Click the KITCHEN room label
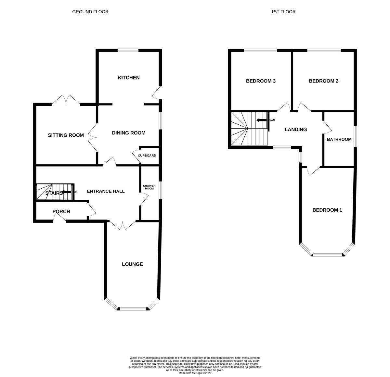point(129,78)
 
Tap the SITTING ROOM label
point(66,135)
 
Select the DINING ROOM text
point(129,133)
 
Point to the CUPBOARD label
point(147,156)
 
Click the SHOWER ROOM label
point(149,187)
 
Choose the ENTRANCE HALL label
point(106,191)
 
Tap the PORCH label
point(61,211)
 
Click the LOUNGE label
point(132,264)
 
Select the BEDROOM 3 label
point(261,81)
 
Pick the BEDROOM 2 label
point(323,81)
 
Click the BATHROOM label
point(339,139)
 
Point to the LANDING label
point(296,130)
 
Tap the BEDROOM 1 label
point(327,210)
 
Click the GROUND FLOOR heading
point(90,12)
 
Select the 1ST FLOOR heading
point(283,12)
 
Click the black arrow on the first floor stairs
point(261,120)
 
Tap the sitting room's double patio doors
point(66,100)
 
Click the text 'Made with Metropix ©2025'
point(195,373)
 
